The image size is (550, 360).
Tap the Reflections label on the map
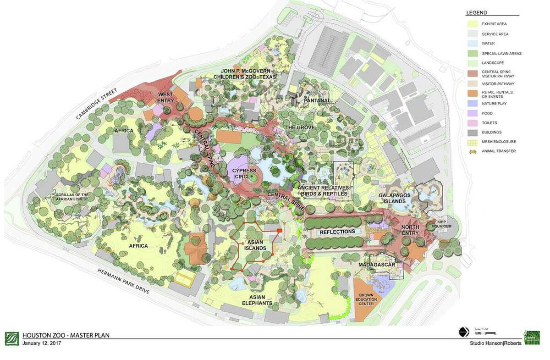[337, 232]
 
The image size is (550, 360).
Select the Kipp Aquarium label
[444, 225]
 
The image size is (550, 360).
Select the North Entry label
[410, 230]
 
